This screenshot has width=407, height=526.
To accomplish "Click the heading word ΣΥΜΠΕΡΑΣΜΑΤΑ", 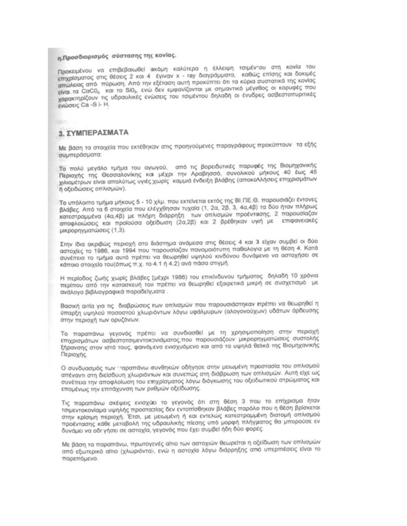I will pos(97,133).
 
